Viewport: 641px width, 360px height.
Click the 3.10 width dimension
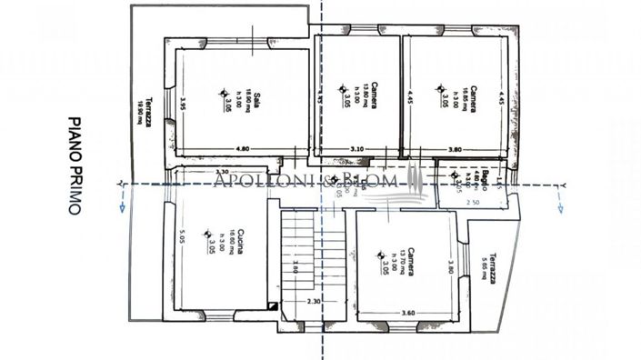coord(357,148)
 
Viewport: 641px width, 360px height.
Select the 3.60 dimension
coord(408,314)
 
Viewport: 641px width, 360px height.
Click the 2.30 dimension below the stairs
coord(313,301)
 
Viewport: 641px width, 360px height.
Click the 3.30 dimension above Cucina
coord(221,171)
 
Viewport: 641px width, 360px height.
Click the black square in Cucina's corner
coord(272,306)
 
